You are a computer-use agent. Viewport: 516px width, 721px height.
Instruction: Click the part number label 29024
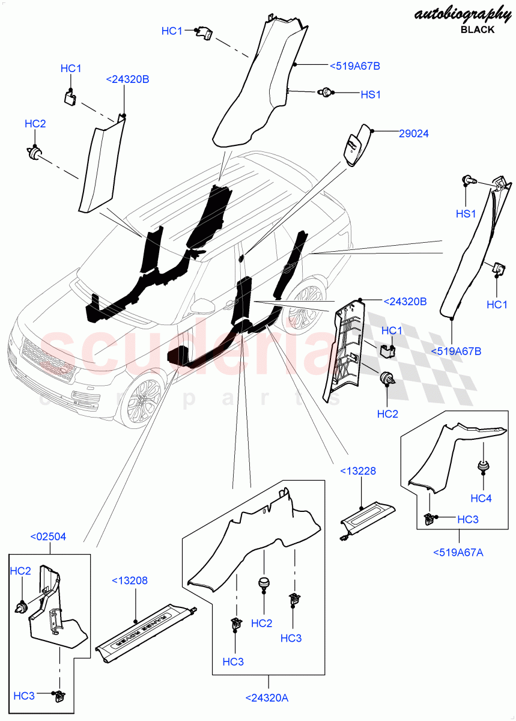413,134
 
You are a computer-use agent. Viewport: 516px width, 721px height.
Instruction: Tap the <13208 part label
129,580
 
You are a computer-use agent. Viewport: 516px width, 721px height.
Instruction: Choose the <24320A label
267,698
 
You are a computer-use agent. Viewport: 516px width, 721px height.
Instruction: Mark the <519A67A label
458,552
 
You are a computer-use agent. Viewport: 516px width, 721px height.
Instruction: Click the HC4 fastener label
481,498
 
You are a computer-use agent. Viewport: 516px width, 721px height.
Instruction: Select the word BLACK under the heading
478,29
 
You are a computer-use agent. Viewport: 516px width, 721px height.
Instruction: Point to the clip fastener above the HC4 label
482,466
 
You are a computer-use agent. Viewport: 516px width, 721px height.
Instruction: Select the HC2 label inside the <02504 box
20,571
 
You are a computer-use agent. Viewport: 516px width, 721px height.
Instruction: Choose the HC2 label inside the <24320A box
262,624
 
